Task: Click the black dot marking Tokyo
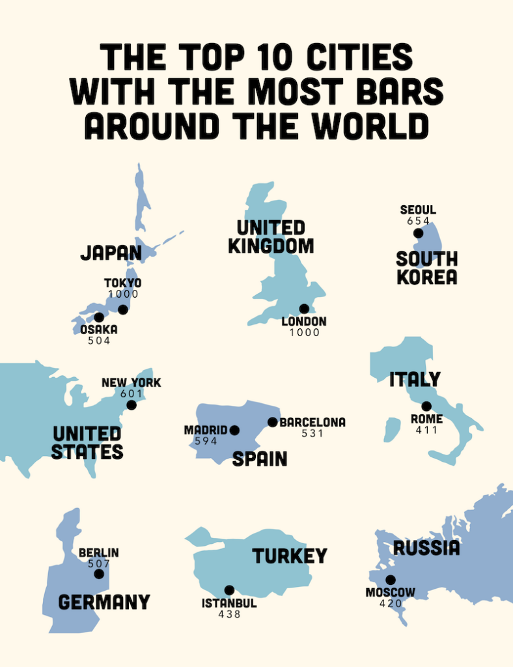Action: (123, 309)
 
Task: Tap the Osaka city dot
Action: (99, 317)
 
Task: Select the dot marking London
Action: (303, 309)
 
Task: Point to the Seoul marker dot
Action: (418, 233)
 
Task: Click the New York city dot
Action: (132, 404)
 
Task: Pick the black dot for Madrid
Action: (234, 430)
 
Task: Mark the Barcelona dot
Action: (273, 422)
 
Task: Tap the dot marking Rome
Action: (426, 406)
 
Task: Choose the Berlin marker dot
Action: (99, 574)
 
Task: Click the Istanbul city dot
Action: (229, 590)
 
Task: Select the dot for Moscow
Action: (390, 580)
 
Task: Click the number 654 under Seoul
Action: (418, 221)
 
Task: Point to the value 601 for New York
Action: (132, 393)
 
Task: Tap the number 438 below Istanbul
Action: (229, 614)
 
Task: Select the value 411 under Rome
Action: (426, 430)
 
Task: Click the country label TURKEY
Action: (290, 556)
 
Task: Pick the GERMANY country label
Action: (104, 602)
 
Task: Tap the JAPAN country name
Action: (111, 253)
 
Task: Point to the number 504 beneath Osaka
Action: (99, 341)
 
